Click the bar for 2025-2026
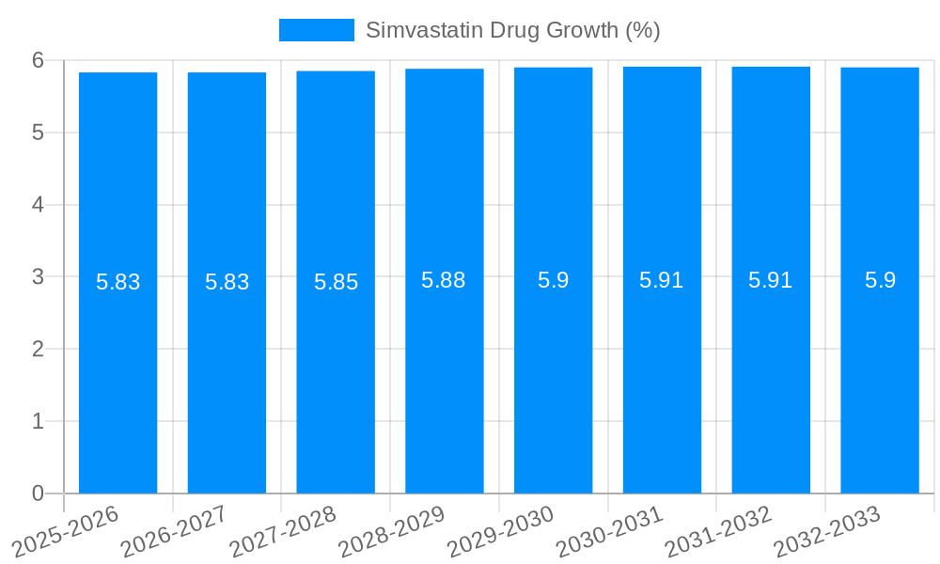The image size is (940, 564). [x=117, y=282]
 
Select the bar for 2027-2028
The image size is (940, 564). [x=336, y=282]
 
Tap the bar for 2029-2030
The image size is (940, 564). [x=553, y=282]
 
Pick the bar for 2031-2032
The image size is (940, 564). [x=771, y=282]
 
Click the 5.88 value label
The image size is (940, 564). [x=444, y=280]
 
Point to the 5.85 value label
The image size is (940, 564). [x=336, y=282]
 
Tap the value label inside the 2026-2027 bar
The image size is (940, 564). [x=227, y=282]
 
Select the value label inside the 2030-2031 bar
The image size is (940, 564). [x=662, y=280]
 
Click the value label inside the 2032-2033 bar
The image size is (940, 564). [x=880, y=280]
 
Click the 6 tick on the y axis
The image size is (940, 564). [x=38, y=60]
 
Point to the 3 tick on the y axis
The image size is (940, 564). [x=38, y=277]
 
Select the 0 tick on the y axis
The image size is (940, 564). [x=38, y=493]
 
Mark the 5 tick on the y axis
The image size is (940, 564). [x=38, y=133]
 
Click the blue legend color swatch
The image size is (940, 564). [x=317, y=30]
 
